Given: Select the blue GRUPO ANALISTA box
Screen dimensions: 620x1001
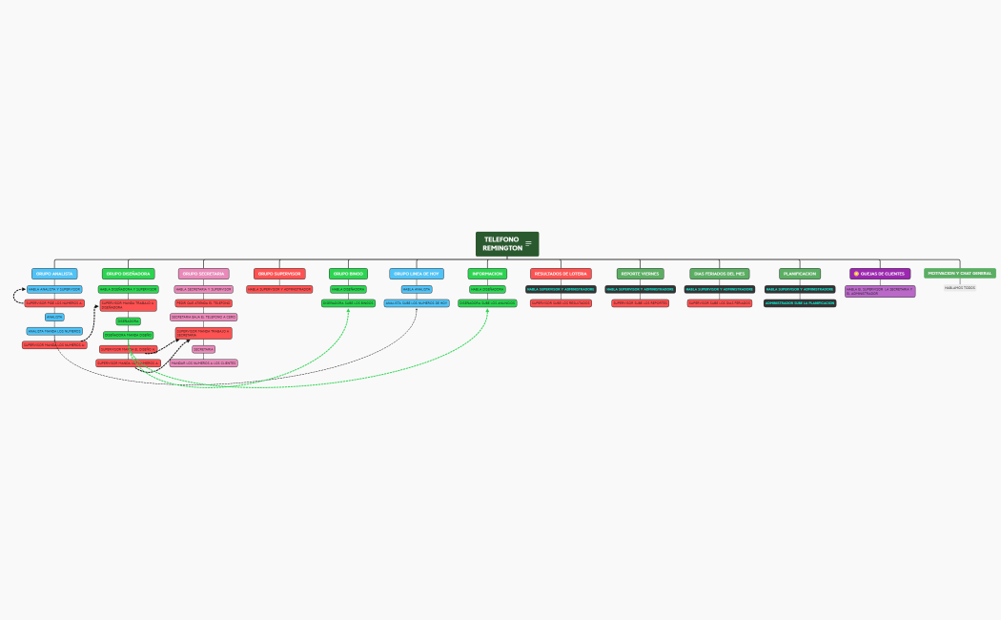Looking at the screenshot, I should point(54,274).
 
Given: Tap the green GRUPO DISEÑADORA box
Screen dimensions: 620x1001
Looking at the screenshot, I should point(128,274).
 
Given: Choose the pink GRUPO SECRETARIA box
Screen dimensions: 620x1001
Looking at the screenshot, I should point(204,274).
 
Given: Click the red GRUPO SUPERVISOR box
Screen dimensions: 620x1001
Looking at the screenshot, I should point(279,274).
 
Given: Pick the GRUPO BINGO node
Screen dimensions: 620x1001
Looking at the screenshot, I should point(348,274).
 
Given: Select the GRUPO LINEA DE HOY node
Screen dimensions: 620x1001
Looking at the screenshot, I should point(417,274).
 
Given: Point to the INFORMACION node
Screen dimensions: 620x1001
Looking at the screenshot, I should point(487,274).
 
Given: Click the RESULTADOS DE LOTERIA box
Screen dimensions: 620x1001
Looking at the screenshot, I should point(561,274).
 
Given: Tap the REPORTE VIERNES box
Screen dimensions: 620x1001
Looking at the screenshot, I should point(641,274).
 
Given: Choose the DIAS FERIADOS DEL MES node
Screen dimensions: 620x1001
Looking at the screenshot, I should point(720,274).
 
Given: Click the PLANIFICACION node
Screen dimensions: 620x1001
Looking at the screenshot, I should point(800,274).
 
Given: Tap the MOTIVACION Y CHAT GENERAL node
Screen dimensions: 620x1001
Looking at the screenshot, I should point(960,273).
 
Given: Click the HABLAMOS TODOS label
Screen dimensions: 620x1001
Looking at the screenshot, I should point(960,287).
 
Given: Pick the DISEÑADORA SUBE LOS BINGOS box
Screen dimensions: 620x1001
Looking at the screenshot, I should point(348,303).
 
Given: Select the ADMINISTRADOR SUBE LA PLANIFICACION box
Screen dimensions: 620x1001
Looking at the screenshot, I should point(800,303).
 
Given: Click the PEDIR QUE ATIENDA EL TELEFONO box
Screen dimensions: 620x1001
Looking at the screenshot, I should point(204,302).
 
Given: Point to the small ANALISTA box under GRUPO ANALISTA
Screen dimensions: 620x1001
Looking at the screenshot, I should point(54,317).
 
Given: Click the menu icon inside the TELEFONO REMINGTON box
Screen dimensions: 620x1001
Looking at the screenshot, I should point(529,244).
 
